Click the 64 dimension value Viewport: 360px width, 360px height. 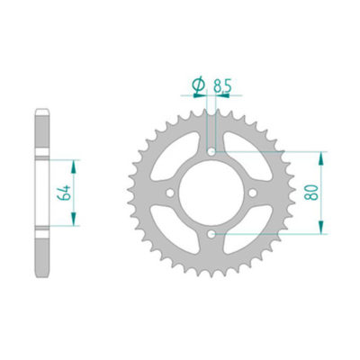(x=60, y=192)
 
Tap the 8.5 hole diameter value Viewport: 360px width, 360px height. (x=224, y=87)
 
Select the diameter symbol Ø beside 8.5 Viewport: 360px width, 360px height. (x=197, y=86)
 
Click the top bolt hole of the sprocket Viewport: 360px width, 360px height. (x=211, y=151)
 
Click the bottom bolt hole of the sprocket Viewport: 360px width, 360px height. (x=211, y=234)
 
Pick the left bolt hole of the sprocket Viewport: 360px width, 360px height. (x=170, y=193)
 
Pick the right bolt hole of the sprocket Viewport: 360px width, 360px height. (x=253, y=193)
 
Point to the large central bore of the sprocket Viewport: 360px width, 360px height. (x=211, y=193)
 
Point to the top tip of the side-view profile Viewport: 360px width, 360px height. (x=42, y=111)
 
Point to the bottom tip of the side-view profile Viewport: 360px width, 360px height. (x=42, y=274)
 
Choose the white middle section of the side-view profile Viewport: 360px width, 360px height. (x=42, y=192)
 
